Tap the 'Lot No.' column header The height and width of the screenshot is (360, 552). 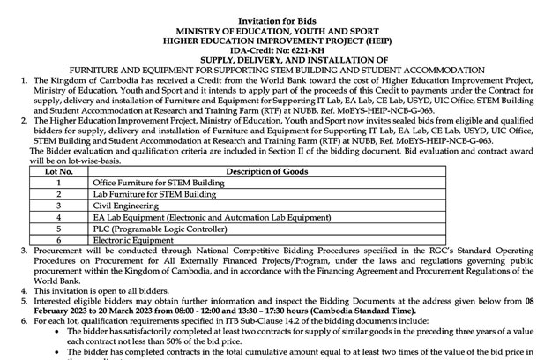pyautogui.click(x=57, y=171)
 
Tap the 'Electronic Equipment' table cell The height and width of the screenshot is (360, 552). pyautogui.click(x=130, y=239)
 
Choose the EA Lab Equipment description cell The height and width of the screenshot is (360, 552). pyautogui.click(x=199, y=216)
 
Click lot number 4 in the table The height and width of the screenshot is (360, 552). pyautogui.click(x=57, y=216)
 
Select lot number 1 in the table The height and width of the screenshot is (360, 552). pyautogui.click(x=57, y=182)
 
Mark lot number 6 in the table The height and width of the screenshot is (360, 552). pyautogui.click(x=57, y=239)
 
